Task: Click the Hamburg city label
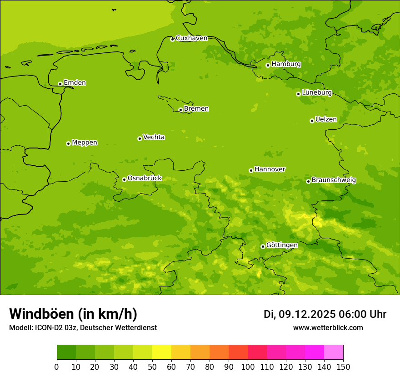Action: click(286, 64)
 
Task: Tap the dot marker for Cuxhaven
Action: click(172, 40)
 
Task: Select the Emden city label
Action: click(75, 83)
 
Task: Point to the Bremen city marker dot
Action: click(180, 110)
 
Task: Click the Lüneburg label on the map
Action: click(316, 92)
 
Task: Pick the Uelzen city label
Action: click(326, 119)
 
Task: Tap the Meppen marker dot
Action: click(68, 143)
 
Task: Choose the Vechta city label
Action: click(154, 137)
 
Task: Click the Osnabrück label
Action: click(145, 178)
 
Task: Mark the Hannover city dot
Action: click(251, 170)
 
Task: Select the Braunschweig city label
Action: click(334, 180)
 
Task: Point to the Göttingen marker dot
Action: click(263, 246)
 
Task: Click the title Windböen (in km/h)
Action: click(73, 314)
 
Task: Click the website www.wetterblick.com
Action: click(328, 327)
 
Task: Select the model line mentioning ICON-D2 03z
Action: click(83, 327)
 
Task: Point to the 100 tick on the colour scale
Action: click(248, 367)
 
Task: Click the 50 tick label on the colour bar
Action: click(152, 367)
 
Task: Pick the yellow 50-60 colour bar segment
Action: click(162, 352)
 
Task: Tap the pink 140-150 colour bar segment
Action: click(334, 352)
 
